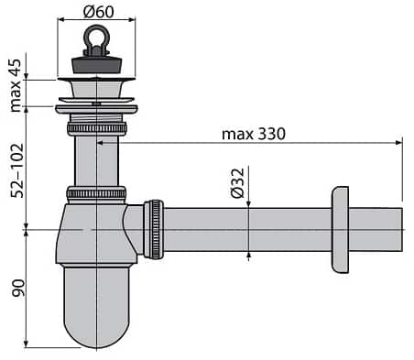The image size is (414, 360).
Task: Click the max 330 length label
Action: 253,134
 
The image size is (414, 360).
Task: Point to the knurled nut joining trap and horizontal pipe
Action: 155,228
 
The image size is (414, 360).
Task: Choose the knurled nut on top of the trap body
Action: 95,193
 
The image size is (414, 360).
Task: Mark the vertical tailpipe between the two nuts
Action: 95,161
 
